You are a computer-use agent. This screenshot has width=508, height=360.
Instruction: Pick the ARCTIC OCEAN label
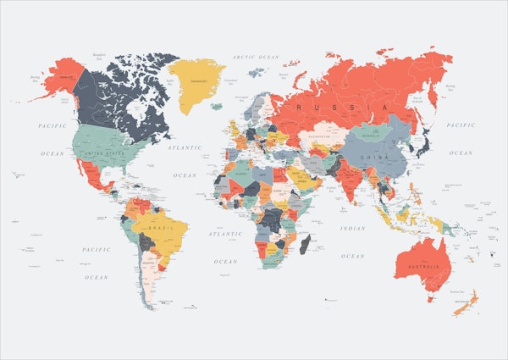pyautogui.click(x=256, y=57)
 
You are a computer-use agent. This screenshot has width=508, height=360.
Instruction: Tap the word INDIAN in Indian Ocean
pyautogui.click(x=352, y=228)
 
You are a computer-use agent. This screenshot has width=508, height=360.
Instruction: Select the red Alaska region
pyautogui.click(x=58, y=79)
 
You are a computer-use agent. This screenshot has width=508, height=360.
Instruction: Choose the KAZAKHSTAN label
pyautogui.click(x=320, y=136)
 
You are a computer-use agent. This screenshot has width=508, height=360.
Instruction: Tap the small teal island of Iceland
pyautogui.click(x=217, y=107)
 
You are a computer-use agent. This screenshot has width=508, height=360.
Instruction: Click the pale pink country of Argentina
pyautogui.click(x=149, y=280)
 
